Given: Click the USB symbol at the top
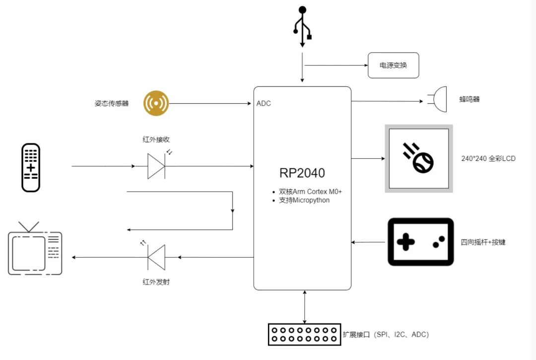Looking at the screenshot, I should point(302,26).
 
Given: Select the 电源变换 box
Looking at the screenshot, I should point(393,66).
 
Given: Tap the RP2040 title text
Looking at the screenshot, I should point(302,173).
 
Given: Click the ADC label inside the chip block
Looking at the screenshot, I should point(264,104).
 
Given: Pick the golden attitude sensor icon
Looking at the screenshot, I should point(156,103).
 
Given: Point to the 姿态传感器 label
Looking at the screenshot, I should point(112,104).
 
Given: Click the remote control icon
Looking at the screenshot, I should point(31,167).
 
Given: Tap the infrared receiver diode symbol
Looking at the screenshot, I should point(156,166).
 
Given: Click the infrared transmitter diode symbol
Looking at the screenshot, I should point(156,257).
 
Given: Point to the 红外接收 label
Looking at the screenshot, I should point(156,140).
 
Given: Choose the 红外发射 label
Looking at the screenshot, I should point(156,282).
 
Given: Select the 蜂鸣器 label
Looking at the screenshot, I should point(469,99).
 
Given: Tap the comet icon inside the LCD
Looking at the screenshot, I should point(418,158).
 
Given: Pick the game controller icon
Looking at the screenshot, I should point(420,242).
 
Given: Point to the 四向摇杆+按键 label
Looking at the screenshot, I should point(483,242).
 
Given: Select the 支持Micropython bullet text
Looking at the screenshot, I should point(304,200).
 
